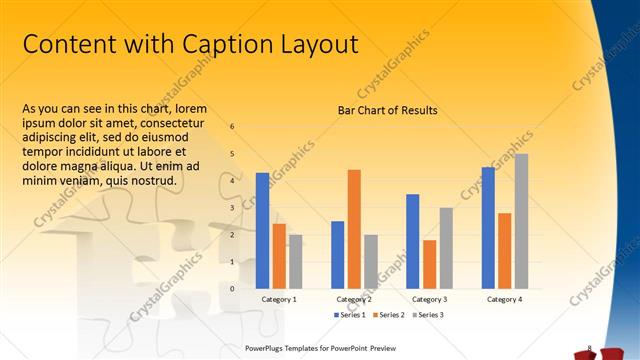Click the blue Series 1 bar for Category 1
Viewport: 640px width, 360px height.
[262, 230]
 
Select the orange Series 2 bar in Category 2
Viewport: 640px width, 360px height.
[354, 229]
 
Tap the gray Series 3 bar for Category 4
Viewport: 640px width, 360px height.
[521, 221]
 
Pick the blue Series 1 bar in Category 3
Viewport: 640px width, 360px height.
[412, 241]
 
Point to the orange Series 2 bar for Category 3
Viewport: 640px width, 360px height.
[429, 264]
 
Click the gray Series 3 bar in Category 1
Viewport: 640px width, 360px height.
[295, 261]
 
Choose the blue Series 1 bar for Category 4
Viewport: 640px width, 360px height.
[488, 228]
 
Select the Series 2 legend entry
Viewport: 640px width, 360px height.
[390, 315]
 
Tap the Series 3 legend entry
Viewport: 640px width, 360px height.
[428, 315]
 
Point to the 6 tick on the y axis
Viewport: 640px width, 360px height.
[232, 127]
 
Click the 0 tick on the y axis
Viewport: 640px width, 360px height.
[232, 288]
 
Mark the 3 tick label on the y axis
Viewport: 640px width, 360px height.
[232, 208]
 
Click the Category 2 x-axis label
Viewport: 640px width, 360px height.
[354, 299]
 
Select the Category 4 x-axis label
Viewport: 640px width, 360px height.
[504, 299]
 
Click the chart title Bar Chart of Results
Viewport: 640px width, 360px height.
[388, 110]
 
